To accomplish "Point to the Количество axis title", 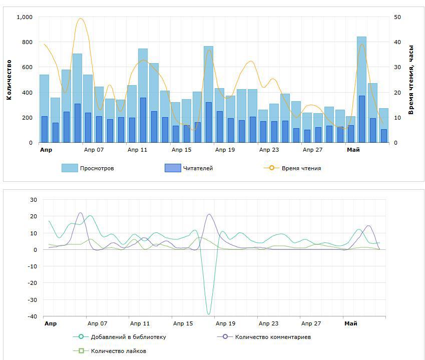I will (9, 80).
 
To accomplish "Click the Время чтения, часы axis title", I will (411, 80).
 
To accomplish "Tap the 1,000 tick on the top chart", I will (25, 17).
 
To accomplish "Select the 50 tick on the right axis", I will (397, 17).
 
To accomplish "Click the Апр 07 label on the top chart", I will (94, 150).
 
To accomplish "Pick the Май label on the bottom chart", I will (351, 323).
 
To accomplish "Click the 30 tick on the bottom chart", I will (34, 200).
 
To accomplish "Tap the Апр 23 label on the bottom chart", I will (268, 323).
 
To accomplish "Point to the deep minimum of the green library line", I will (209, 314).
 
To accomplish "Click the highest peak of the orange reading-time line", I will (80, 19).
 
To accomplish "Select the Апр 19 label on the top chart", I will (225, 150).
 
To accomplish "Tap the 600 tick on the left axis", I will (27, 67).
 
